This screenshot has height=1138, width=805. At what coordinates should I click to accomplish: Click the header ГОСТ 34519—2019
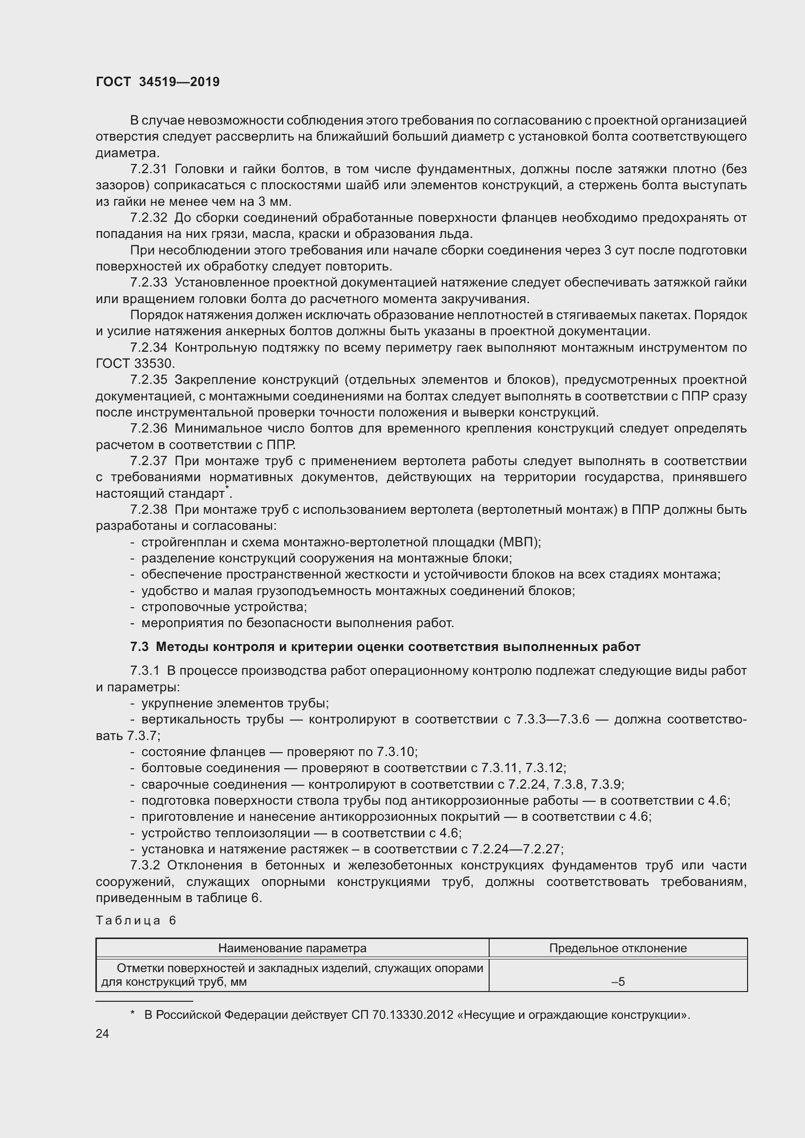pyautogui.click(x=158, y=82)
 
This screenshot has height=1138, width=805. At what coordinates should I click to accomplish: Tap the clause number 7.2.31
pyautogui.click(x=149, y=169)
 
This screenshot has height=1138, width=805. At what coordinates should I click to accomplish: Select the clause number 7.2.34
pyautogui.click(x=149, y=348)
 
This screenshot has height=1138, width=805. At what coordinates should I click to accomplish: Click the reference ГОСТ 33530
pyautogui.click(x=134, y=364)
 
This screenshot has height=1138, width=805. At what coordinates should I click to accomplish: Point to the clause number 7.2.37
pyautogui.click(x=149, y=461)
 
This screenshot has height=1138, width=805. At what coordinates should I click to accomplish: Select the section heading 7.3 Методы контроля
pyautogui.click(x=384, y=647)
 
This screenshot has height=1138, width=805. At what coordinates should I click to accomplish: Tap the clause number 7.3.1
pyautogui.click(x=145, y=671)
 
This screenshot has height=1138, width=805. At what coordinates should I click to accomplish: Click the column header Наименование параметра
pyautogui.click(x=293, y=949)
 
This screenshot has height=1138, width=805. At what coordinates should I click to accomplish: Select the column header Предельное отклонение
pyautogui.click(x=618, y=949)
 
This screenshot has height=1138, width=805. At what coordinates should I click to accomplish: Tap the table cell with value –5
pyautogui.click(x=618, y=982)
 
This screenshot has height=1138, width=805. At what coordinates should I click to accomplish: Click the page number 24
pyautogui.click(x=102, y=1034)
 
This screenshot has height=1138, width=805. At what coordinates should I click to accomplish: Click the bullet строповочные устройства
pyautogui.click(x=224, y=607)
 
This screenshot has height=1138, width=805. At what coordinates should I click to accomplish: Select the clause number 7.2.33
pyautogui.click(x=149, y=283)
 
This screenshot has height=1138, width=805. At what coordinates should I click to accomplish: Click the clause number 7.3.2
pyautogui.click(x=145, y=866)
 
